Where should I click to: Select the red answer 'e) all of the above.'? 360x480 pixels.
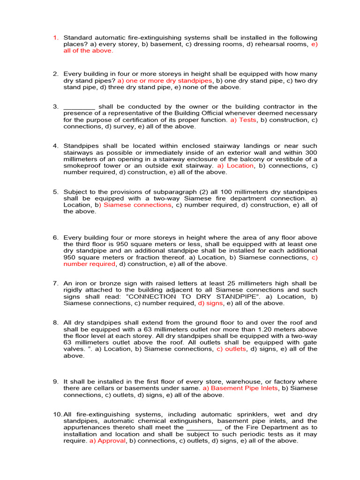click(88, 51)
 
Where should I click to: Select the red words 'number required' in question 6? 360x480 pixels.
click(90, 264)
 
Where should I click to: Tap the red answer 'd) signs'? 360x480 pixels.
click(210, 303)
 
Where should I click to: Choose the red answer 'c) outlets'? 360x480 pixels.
click(231, 349)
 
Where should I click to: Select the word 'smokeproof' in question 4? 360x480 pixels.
click(81, 165)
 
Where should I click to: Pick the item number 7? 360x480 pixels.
click(55, 284)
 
